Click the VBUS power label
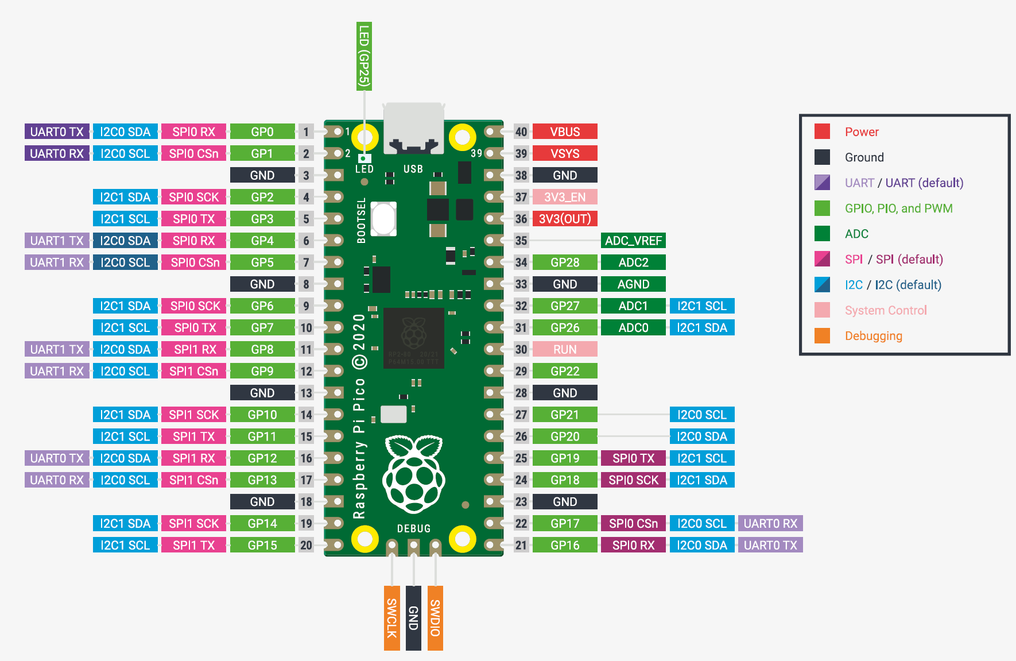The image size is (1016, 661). pyautogui.click(x=565, y=132)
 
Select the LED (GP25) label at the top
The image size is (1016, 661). pyautogui.click(x=364, y=56)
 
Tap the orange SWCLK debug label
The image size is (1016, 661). pyautogui.click(x=391, y=618)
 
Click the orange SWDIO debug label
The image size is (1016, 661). pyautogui.click(x=435, y=618)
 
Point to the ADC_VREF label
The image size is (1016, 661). pyautogui.click(x=633, y=241)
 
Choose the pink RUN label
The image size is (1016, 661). pyautogui.click(x=565, y=349)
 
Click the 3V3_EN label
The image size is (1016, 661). pyautogui.click(x=565, y=197)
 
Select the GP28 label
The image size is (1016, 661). pyautogui.click(x=565, y=262)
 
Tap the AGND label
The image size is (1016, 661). pyautogui.click(x=633, y=284)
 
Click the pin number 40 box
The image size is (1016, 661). pyautogui.click(x=521, y=132)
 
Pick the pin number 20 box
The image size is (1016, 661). pyautogui.click(x=306, y=545)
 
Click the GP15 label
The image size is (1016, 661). pyautogui.click(x=262, y=545)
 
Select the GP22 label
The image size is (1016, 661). pyautogui.click(x=565, y=371)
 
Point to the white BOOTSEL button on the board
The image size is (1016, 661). pyautogui.click(x=383, y=218)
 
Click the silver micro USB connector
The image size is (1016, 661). pyautogui.click(x=413, y=127)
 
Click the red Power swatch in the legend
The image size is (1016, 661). pyautogui.click(x=822, y=132)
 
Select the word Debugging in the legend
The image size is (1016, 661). pyautogui.click(x=873, y=336)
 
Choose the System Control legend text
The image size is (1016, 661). pyautogui.click(x=886, y=310)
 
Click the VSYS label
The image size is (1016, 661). pyautogui.click(x=565, y=153)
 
